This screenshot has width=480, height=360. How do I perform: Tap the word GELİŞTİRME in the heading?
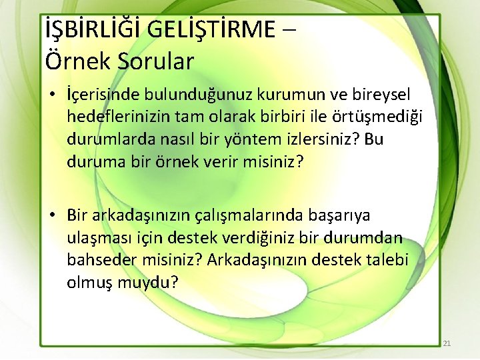pos(211,29)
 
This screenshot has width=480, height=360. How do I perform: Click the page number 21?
pos(447,343)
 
